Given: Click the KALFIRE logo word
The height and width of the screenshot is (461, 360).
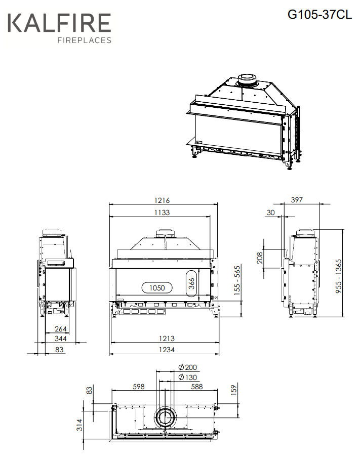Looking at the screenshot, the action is point(59,23).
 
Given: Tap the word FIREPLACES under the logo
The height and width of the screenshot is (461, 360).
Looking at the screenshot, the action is point(85,40).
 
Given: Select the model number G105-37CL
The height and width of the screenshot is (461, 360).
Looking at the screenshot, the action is point(319,14).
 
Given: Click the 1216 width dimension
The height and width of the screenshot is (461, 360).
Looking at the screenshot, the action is point(162,200).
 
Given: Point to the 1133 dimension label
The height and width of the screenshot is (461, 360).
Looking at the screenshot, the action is point(162,212).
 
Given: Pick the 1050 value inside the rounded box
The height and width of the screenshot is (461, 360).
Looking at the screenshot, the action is point(157,288).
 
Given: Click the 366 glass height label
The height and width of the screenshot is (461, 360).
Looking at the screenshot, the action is point(191,283).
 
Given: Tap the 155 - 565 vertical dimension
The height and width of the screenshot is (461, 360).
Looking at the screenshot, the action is point(237,280).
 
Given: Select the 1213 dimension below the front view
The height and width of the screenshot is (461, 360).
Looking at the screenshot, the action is point(167,339).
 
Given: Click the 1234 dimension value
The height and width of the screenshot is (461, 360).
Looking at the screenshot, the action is point(167,350).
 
